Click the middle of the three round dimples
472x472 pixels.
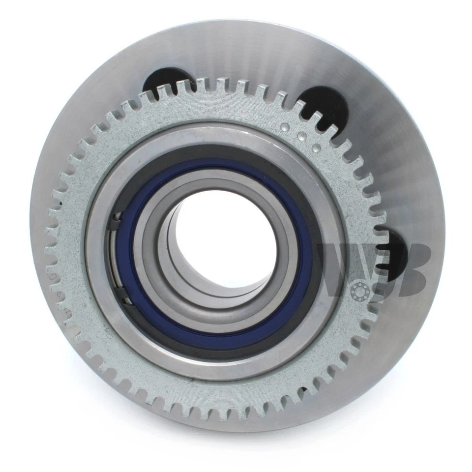pyautogui.click(x=301, y=135)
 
